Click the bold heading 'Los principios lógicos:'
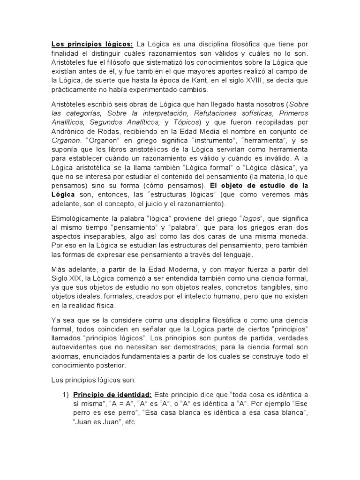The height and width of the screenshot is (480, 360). (x=92, y=44)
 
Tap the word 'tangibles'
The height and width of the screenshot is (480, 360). (x=284, y=287)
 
